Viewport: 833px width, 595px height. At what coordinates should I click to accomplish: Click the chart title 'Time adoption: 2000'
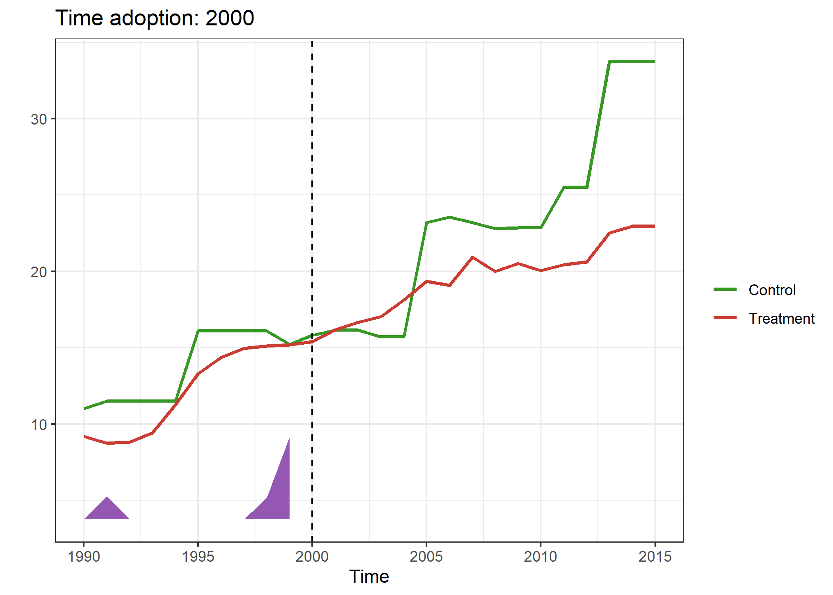click(154, 18)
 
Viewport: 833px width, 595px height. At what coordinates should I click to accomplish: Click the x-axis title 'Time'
click(369, 576)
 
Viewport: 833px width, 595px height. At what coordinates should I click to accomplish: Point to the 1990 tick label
click(84, 557)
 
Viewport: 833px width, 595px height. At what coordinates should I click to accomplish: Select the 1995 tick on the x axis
click(198, 557)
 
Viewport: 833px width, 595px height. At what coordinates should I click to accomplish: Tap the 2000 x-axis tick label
click(312, 557)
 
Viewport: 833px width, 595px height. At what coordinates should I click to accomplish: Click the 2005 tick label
click(426, 557)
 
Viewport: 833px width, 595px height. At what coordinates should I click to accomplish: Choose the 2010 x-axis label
click(540, 557)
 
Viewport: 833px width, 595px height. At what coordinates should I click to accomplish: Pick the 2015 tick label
click(654, 557)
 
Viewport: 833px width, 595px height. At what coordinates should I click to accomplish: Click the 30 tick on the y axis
click(39, 119)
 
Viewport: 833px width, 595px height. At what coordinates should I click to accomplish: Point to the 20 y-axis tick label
click(39, 272)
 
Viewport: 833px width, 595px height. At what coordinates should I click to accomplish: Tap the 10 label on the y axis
click(39, 425)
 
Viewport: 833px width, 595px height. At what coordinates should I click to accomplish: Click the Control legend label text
click(772, 290)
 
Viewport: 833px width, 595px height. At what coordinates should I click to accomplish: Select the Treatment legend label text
click(781, 319)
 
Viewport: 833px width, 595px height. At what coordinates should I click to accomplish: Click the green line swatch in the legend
click(725, 290)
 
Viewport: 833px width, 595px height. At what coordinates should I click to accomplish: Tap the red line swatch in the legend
click(725, 318)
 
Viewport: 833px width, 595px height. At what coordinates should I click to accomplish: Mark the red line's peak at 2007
click(472, 257)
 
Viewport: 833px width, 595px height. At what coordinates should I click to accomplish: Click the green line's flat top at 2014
click(632, 61)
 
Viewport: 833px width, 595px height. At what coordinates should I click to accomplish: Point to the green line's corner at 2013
click(609, 62)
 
